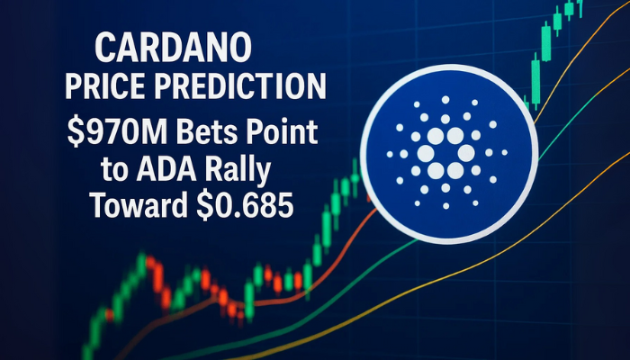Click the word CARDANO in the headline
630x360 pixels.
coord(173,48)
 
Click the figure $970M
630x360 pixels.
coord(117,131)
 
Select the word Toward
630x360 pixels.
coord(139,204)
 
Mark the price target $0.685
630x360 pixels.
coord(245,204)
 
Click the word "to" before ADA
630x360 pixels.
coord(114,170)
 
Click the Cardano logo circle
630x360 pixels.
coord(449,154)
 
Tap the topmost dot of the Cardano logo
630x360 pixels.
coord(445,100)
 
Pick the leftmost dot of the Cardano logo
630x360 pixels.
coord(390,154)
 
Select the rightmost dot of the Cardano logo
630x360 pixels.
coord(505,153)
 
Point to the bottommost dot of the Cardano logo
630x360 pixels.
coord(446,206)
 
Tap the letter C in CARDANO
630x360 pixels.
coord(105,48)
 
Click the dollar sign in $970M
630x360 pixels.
coord(75,131)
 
